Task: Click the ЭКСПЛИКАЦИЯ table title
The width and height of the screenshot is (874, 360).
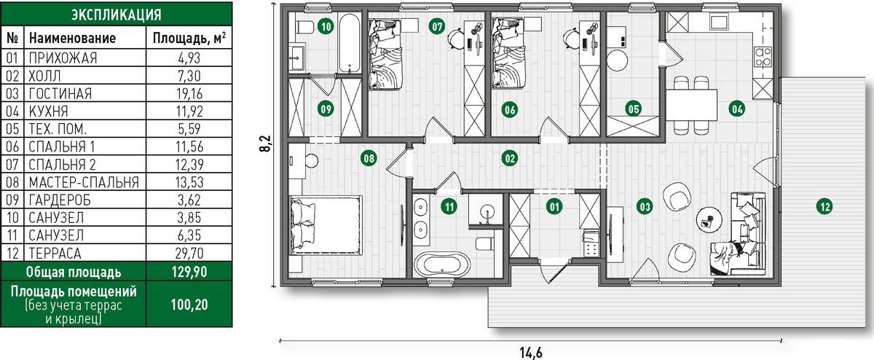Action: click(117, 15)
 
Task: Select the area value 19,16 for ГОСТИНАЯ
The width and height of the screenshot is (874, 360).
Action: click(189, 94)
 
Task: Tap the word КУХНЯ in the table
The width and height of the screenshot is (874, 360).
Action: click(48, 111)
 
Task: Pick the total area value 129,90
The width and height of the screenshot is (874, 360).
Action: click(189, 272)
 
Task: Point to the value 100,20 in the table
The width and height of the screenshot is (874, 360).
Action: click(189, 305)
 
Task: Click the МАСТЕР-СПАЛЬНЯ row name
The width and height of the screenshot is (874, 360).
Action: click(84, 182)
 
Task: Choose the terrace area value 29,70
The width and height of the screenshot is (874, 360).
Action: click(189, 254)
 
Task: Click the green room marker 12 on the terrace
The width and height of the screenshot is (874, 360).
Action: click(824, 206)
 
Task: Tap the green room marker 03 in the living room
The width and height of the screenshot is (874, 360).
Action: click(644, 206)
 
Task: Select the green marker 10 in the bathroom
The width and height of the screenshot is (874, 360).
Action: click(326, 26)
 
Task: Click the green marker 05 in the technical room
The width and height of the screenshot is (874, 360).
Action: click(633, 109)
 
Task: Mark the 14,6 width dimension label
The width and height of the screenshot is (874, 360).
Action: click(531, 353)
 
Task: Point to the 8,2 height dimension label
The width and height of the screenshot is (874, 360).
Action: click(266, 144)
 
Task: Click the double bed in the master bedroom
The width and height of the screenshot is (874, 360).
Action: click(326, 225)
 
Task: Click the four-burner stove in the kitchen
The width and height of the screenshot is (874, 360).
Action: click(763, 57)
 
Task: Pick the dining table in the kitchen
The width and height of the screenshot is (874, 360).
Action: click(691, 105)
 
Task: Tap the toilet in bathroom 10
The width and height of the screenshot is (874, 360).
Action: click(305, 28)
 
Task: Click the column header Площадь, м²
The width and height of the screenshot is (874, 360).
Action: click(189, 38)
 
